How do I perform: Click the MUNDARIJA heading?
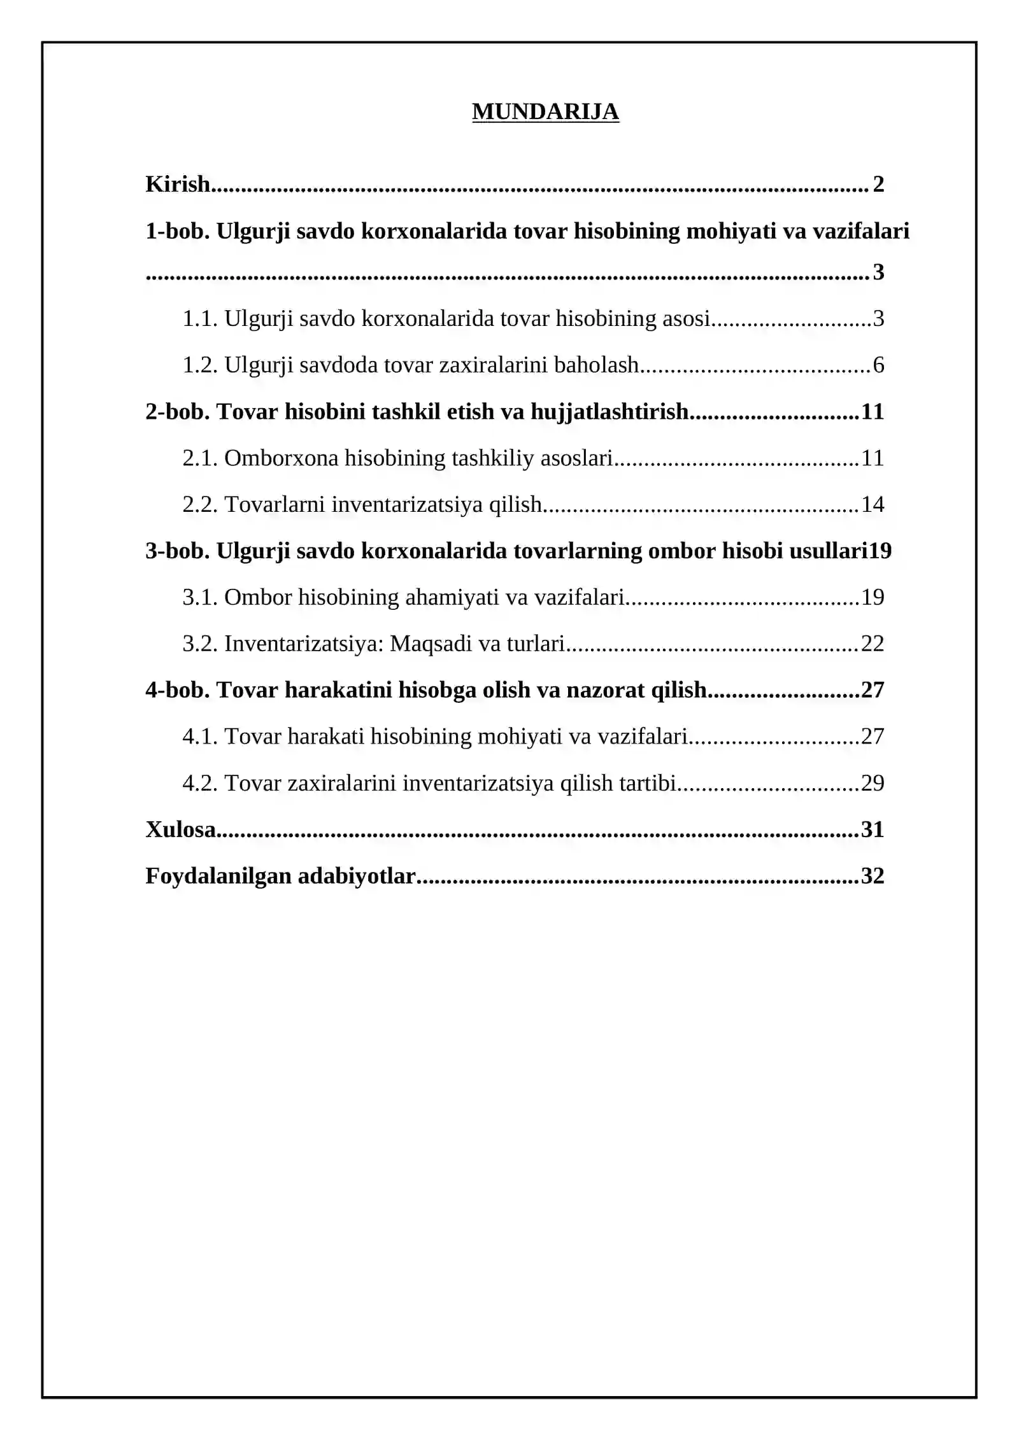(545, 112)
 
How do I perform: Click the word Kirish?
(178, 184)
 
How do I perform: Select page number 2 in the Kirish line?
(879, 184)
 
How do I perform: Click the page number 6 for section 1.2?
(879, 365)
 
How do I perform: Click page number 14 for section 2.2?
(873, 504)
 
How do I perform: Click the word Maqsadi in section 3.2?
(431, 644)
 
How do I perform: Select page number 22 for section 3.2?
(873, 644)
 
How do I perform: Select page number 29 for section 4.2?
(873, 783)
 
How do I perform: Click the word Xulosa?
(181, 829)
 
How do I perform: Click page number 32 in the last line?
(873, 876)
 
